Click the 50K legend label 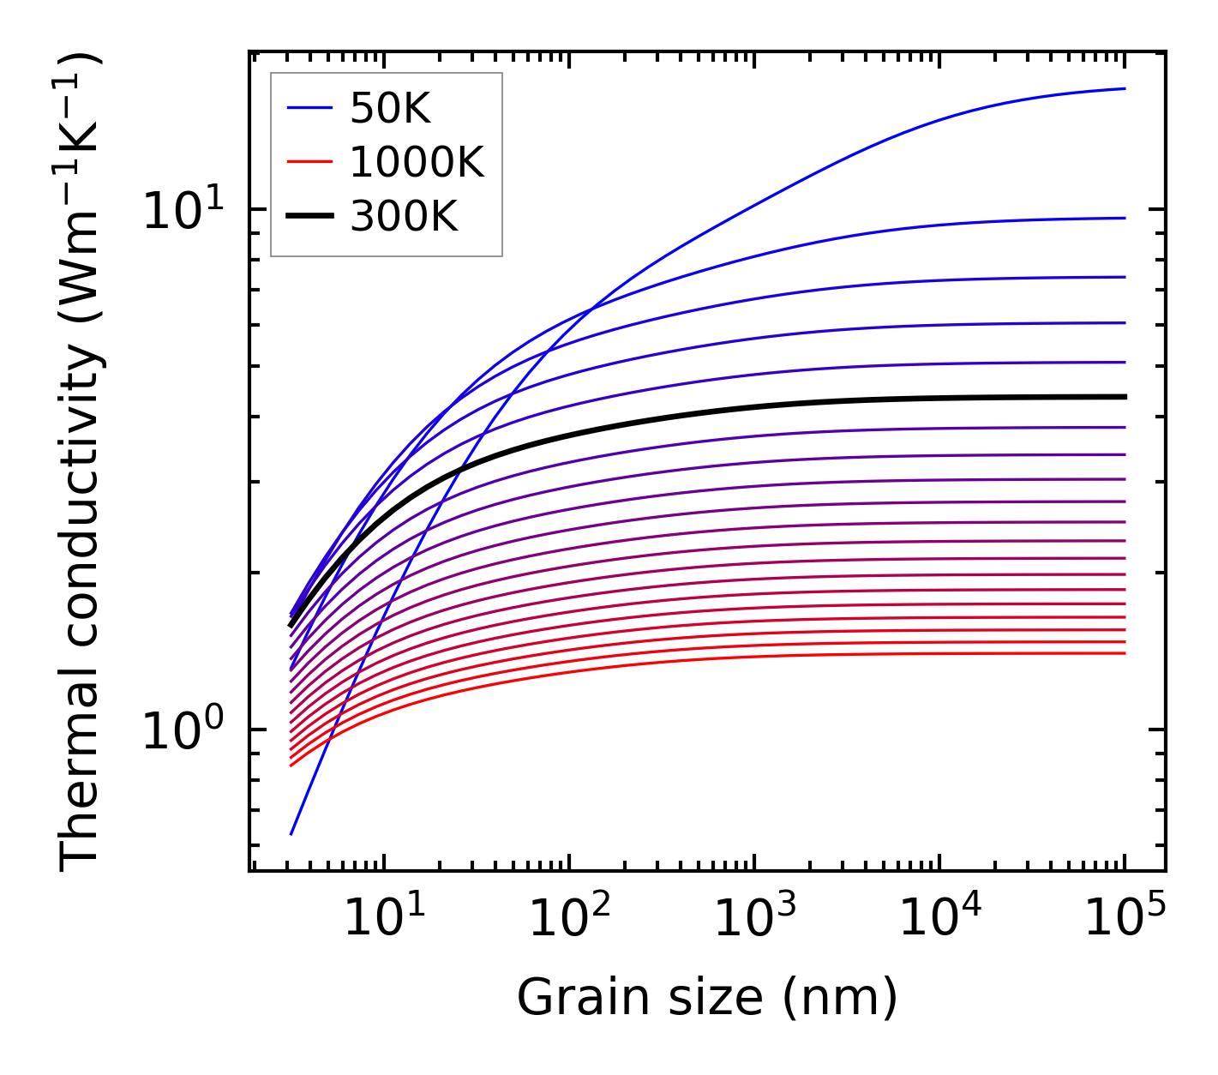pos(390,109)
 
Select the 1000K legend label pos(417,163)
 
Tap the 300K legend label pos(404,217)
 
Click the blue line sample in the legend pos(309,109)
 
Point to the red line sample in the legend pos(309,163)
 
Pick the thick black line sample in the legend pos(309,217)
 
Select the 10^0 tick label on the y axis pos(183,730)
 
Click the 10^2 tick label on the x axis pos(569,917)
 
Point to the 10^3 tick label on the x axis pos(754,917)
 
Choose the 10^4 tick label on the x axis pos(939,917)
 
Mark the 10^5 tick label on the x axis pos(1125,917)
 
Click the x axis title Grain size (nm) pos(707,997)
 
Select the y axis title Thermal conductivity pos(81,461)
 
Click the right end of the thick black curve pos(1125,397)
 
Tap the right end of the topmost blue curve pos(1125,88)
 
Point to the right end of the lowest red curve pos(1125,653)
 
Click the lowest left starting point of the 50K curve pos(291,833)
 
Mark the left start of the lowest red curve pos(291,765)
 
